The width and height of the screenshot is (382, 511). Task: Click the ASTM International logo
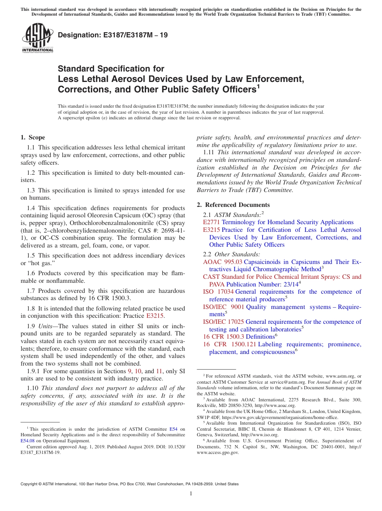pos(37,38)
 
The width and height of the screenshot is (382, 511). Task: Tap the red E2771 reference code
pos(212,222)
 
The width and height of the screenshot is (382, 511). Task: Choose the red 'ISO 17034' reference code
pos(218,292)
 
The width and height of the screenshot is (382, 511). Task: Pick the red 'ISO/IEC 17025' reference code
pos(223,322)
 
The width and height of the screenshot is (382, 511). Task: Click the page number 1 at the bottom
pos(191,494)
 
